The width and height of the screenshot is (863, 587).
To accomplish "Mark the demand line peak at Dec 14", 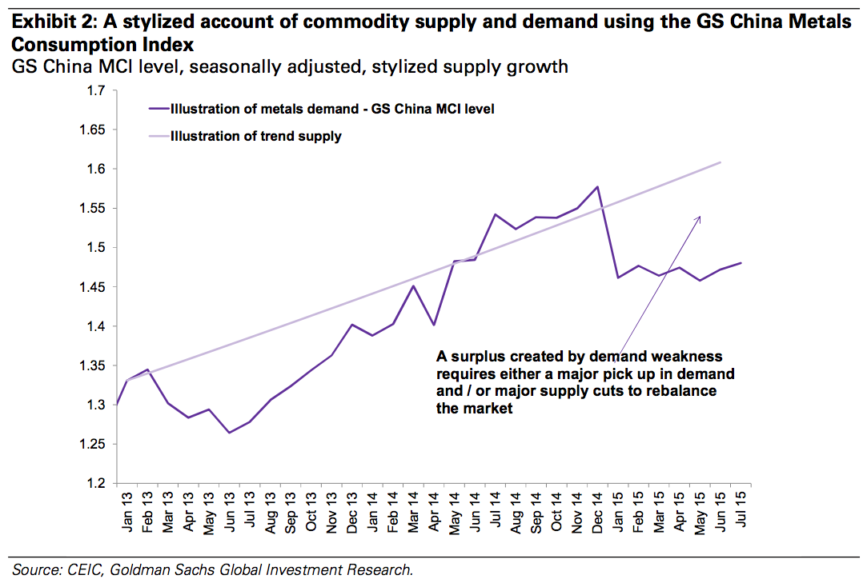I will [597, 187].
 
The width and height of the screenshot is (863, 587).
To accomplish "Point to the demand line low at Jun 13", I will [230, 433].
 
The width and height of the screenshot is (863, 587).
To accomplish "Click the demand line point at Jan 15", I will [618, 278].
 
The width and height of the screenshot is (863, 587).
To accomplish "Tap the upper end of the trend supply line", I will [721, 162].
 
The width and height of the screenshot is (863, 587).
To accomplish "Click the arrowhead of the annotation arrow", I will [699, 217].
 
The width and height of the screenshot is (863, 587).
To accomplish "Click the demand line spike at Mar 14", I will [413, 286].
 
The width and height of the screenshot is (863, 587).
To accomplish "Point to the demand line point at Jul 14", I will [495, 214].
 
